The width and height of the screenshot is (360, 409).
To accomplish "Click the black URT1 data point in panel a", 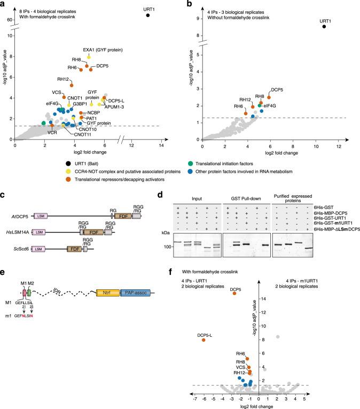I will point(148,16).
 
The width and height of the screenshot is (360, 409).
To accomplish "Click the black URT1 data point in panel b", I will point(324,27).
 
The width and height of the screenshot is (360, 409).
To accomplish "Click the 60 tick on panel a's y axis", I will point(9,20).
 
